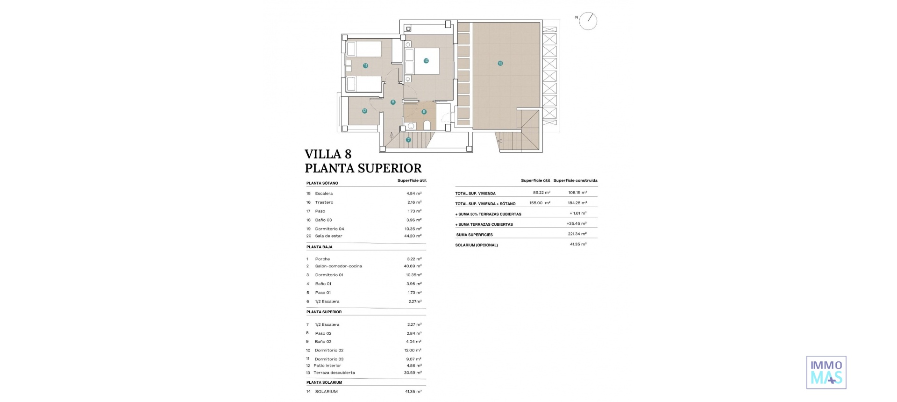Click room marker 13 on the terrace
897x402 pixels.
[500, 63]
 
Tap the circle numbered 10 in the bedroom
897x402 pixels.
[426, 61]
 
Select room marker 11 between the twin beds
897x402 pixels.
[365, 66]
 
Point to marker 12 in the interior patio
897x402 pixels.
[364, 111]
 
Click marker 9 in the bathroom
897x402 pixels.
[424, 112]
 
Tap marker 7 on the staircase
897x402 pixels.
[408, 140]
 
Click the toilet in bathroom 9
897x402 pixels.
[427, 125]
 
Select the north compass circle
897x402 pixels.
[588, 21]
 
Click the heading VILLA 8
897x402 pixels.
[328, 154]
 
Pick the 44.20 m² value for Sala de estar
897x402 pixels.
[413, 236]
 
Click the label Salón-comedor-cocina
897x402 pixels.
[338, 266]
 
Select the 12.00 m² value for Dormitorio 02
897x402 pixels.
[413, 350]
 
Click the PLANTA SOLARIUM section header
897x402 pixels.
[324, 382]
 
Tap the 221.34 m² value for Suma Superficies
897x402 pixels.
[577, 234]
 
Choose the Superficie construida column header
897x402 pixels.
[575, 180]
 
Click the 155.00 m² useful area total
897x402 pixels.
[540, 203]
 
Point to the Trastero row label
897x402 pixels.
[324, 202]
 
